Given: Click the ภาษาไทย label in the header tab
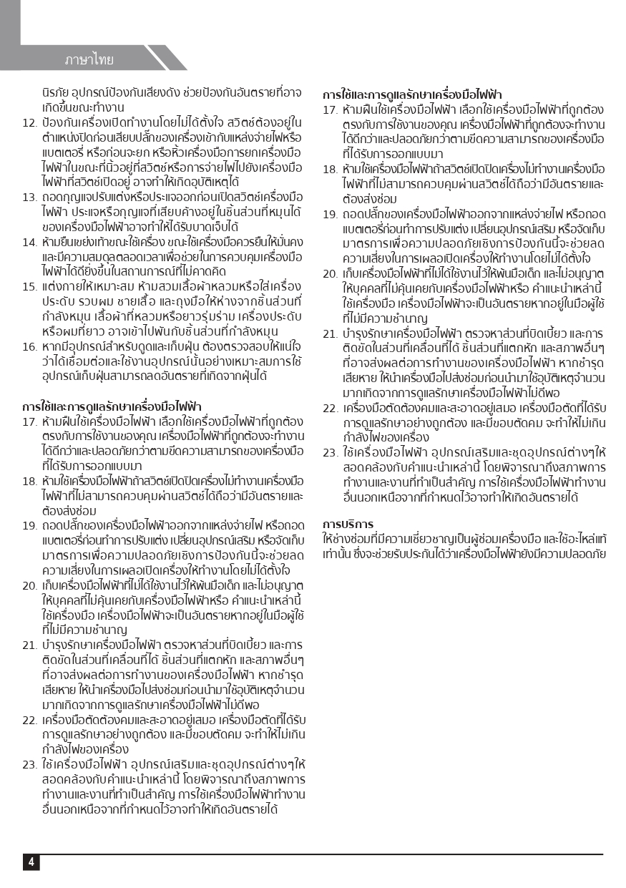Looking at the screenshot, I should pyautogui.click(x=89, y=59).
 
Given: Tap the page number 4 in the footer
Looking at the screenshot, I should pyautogui.click(x=31, y=862).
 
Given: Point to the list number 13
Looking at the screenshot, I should pyautogui.click(x=29, y=197).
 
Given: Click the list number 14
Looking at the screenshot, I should pyautogui.click(x=29, y=241).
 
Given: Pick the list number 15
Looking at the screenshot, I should pyautogui.click(x=29, y=286).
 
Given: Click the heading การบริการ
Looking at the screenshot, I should pyautogui.click(x=348, y=524).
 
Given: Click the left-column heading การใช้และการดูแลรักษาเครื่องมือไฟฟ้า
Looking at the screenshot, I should pyautogui.click(x=112, y=406).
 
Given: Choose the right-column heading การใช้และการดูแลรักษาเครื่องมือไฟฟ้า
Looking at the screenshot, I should pyautogui.click(x=412, y=94).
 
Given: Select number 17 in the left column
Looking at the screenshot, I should pyautogui.click(x=29, y=421).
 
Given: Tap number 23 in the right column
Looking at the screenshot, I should pyautogui.click(x=330, y=452).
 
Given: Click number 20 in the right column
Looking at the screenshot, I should pyautogui.click(x=330, y=273).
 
